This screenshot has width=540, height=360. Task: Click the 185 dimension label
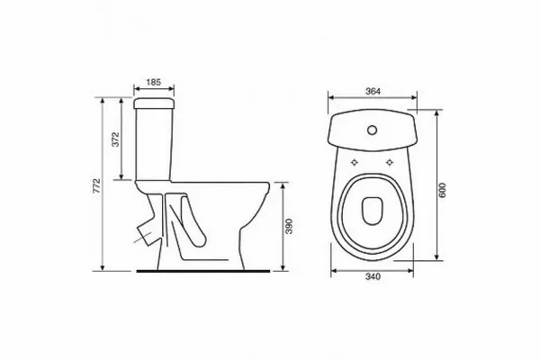click(154, 82)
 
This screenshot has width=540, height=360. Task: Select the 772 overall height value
click(97, 185)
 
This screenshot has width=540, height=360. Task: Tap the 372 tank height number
click(116, 139)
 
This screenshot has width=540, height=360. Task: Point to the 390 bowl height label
click(289, 226)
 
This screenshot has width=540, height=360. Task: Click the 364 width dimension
click(373, 91)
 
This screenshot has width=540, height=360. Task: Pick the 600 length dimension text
click(443, 190)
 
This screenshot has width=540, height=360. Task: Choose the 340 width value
click(373, 276)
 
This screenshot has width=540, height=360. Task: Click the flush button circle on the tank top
click(372, 130)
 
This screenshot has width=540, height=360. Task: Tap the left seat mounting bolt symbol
click(355, 162)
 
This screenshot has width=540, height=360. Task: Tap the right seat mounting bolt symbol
click(390, 162)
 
